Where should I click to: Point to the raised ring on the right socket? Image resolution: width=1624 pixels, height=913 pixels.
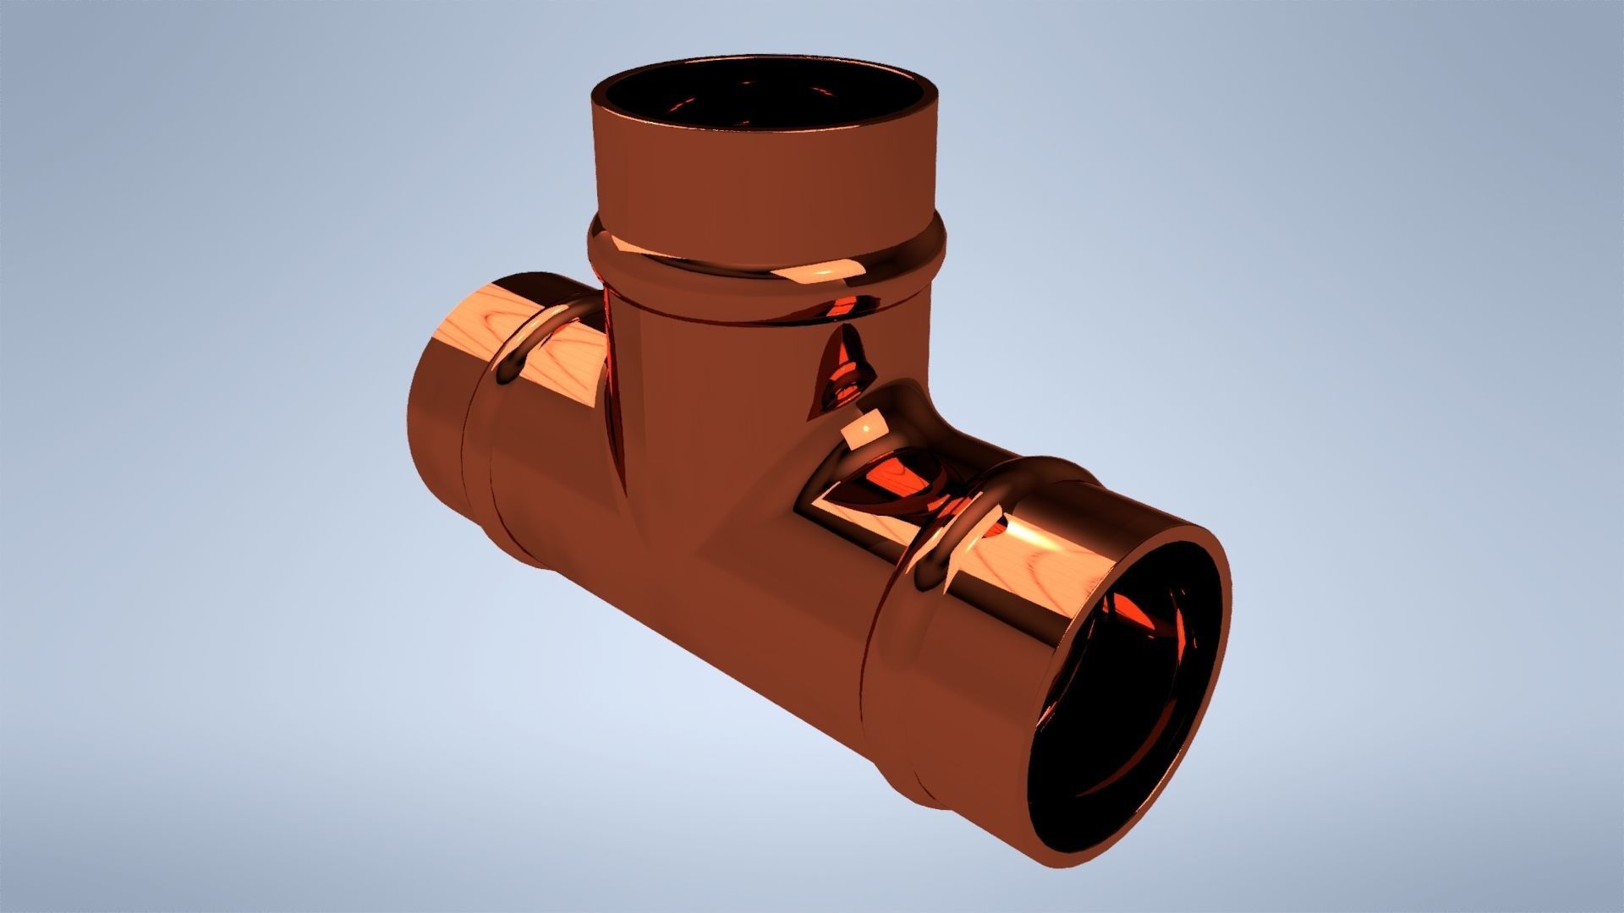click(x=939, y=541)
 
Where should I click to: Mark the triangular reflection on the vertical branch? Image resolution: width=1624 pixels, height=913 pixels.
click(x=842, y=372)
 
